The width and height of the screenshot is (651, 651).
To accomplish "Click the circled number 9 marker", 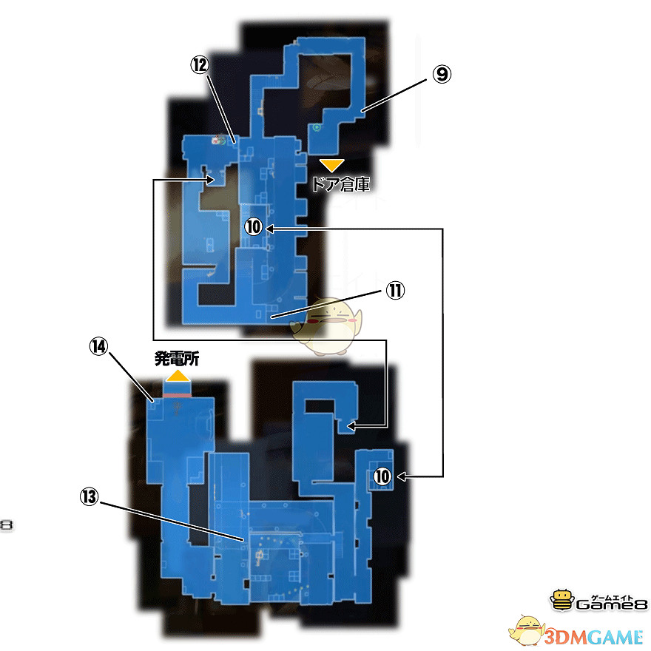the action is [442, 74].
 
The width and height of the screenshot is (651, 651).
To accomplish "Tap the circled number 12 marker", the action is [200, 65].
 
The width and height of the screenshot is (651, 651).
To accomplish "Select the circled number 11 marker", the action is [395, 291].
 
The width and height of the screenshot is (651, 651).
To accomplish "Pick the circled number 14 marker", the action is [99, 346].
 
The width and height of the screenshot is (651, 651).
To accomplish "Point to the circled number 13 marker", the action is [90, 496].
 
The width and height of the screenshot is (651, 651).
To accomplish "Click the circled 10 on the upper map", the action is [253, 227].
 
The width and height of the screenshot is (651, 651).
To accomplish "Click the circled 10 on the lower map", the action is [382, 476].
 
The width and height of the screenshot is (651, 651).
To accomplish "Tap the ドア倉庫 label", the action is [341, 184].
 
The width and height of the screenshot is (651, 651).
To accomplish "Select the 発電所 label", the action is [177, 358].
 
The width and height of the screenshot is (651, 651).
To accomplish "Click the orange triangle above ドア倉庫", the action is [331, 165].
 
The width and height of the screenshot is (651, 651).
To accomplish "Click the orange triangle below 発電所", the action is [178, 376].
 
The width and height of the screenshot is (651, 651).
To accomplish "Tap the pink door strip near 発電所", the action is [177, 396].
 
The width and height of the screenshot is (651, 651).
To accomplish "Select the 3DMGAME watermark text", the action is [594, 637].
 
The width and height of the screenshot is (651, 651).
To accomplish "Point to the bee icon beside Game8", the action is [562, 599].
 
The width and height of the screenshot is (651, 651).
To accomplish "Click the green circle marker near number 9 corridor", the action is [317, 127].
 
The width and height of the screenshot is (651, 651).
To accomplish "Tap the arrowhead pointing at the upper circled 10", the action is [269, 229].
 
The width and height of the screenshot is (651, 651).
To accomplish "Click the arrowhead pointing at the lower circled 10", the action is [402, 476].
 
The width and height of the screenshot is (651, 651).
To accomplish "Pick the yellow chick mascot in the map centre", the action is [327, 327].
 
